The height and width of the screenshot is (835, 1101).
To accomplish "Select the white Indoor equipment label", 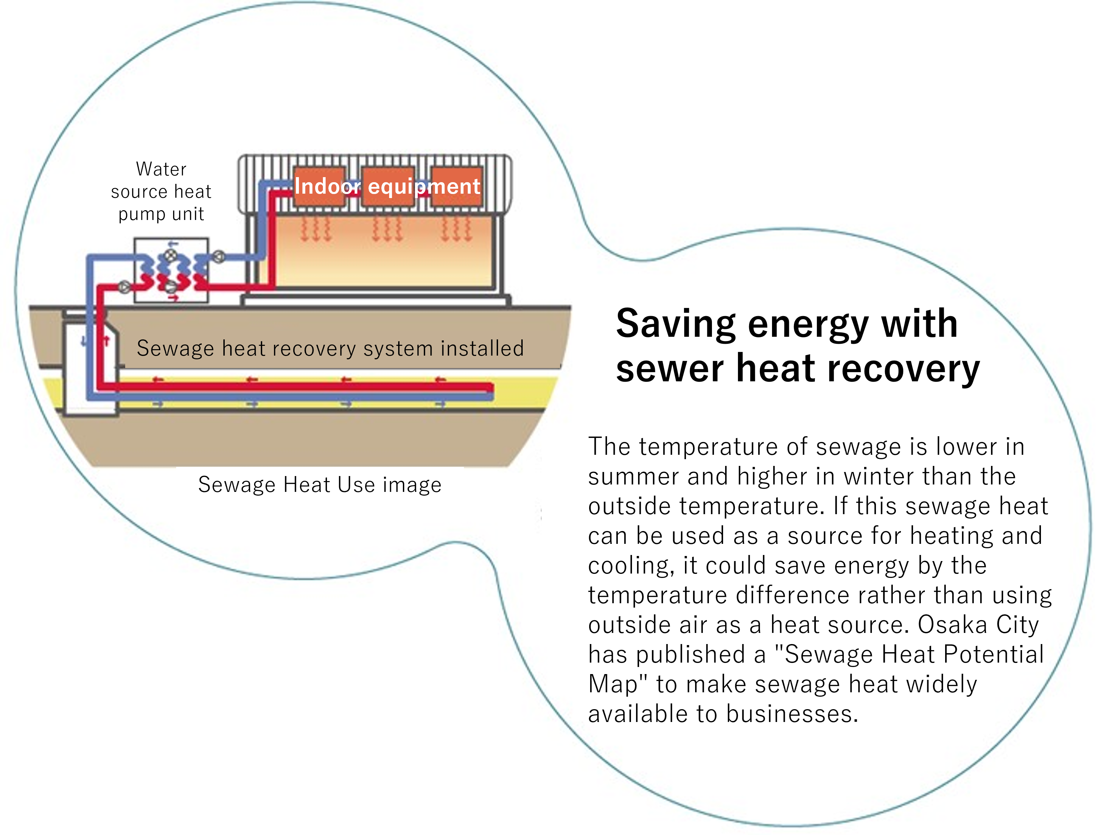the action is pos(387,186).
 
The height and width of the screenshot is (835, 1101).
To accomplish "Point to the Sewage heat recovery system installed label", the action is pos(330,348).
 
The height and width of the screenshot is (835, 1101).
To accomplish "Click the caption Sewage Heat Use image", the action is pos(320,485).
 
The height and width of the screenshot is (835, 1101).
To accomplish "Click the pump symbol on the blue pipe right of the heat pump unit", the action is pos(219,257).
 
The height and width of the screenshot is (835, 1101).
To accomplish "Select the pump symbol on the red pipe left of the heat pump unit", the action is pos(124,287).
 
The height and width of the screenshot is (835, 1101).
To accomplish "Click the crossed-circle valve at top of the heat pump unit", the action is pos(171,256).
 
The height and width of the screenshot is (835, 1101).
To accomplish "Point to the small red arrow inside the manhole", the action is pos(106,341).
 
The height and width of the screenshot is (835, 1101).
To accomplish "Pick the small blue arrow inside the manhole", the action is pos(84,341).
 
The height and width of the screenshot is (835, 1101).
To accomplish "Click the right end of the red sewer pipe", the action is pos(493,388).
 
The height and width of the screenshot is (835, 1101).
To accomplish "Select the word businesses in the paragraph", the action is pos(792,714).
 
